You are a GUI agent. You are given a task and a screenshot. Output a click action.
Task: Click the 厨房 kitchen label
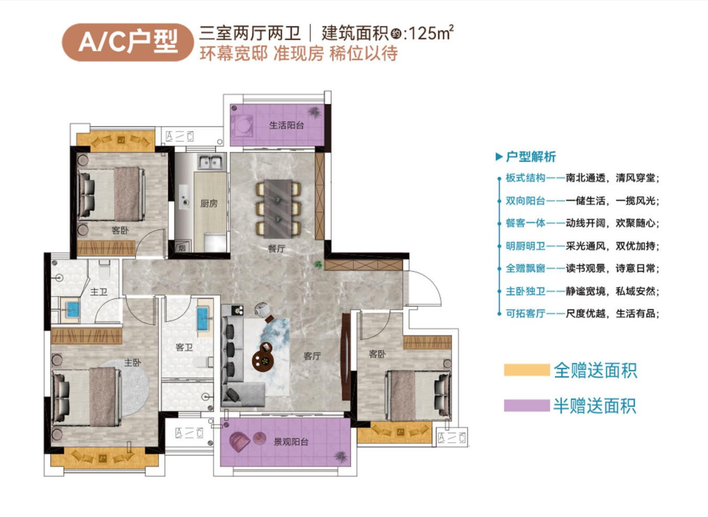[209, 204]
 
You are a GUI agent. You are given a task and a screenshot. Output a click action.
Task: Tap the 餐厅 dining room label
[276, 249]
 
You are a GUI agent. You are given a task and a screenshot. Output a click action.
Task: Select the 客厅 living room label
[312, 356]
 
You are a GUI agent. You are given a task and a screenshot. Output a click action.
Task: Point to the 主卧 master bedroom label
[132, 362]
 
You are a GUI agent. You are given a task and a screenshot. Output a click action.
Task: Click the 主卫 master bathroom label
[99, 292]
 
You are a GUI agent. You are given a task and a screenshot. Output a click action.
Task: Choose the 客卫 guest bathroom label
[184, 348]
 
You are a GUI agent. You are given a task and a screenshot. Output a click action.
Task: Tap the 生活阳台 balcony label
[287, 126]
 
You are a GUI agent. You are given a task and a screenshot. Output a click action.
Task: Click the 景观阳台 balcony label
[291, 442]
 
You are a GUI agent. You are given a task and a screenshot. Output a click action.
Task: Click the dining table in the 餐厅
[278, 209]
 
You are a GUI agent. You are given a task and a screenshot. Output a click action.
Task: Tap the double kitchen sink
[210, 162]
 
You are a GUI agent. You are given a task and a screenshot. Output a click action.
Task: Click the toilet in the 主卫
[104, 269]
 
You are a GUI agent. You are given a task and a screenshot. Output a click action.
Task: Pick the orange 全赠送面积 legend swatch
[527, 370]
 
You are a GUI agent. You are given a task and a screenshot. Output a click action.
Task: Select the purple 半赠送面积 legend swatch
[527, 406]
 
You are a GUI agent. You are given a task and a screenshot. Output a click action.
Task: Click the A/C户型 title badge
[128, 42]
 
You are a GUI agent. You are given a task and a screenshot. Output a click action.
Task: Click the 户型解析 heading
[531, 157]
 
